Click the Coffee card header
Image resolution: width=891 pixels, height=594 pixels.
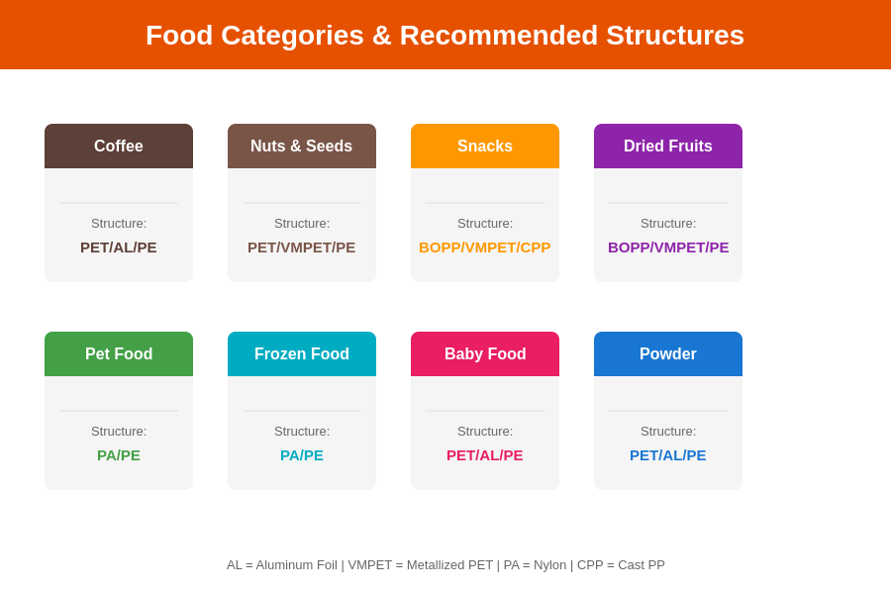pyautogui.click(x=119, y=147)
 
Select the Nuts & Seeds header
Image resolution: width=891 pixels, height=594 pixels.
pyautogui.click(x=302, y=147)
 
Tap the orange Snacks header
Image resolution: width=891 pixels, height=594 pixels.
pyautogui.click(x=485, y=147)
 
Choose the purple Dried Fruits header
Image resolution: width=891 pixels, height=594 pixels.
pyautogui.click(x=668, y=147)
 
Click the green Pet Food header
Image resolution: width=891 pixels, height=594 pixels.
pyautogui.click(x=119, y=354)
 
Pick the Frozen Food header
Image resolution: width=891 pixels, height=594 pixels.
pyautogui.click(x=302, y=354)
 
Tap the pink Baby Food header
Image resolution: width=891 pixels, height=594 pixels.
pyautogui.click(x=485, y=354)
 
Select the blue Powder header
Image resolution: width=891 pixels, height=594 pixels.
pyautogui.click(x=668, y=354)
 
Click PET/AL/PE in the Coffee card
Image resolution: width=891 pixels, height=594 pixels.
pyautogui.click(x=119, y=247)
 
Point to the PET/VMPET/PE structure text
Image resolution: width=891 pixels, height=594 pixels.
pyautogui.click(x=302, y=247)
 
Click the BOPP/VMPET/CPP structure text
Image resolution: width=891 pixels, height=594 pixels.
pyautogui.click(x=485, y=247)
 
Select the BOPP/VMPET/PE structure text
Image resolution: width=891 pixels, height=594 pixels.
pyautogui.click(x=668, y=247)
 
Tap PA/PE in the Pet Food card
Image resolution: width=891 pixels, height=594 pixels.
pyautogui.click(x=119, y=455)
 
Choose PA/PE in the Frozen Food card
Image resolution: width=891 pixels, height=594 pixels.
pyautogui.click(x=302, y=455)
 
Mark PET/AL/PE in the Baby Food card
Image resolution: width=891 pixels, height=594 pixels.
pyautogui.click(x=485, y=455)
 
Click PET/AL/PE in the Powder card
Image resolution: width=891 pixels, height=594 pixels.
pyautogui.click(x=668, y=455)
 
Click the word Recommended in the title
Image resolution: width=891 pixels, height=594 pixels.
pyautogui.click(x=499, y=36)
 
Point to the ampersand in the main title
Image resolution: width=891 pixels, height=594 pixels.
pyautogui.click(x=382, y=36)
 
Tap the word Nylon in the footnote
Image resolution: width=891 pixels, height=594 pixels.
pyautogui.click(x=550, y=565)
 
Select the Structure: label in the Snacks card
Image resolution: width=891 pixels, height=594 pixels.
pyautogui.click(x=485, y=224)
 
